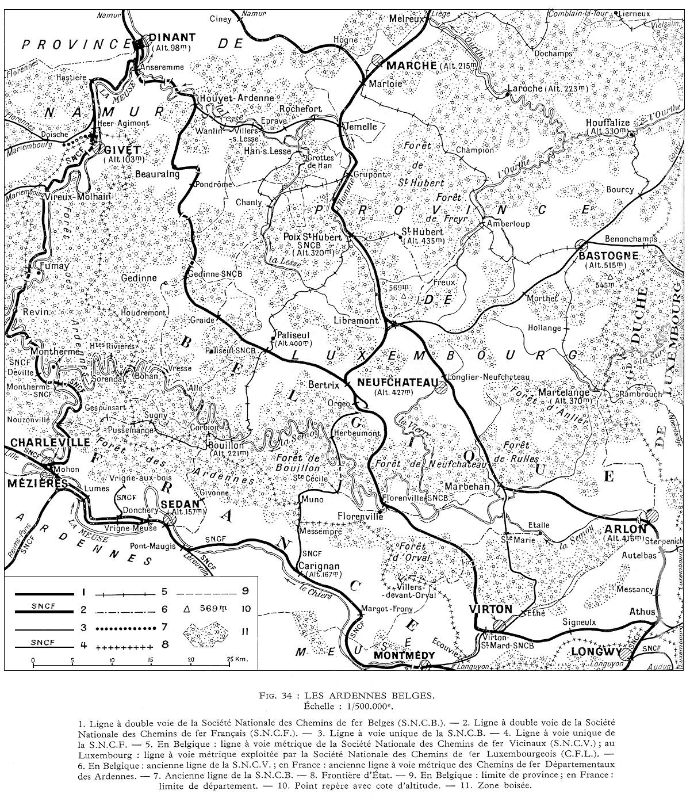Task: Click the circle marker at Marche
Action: [377, 59]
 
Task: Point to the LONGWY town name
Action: [596, 652]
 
